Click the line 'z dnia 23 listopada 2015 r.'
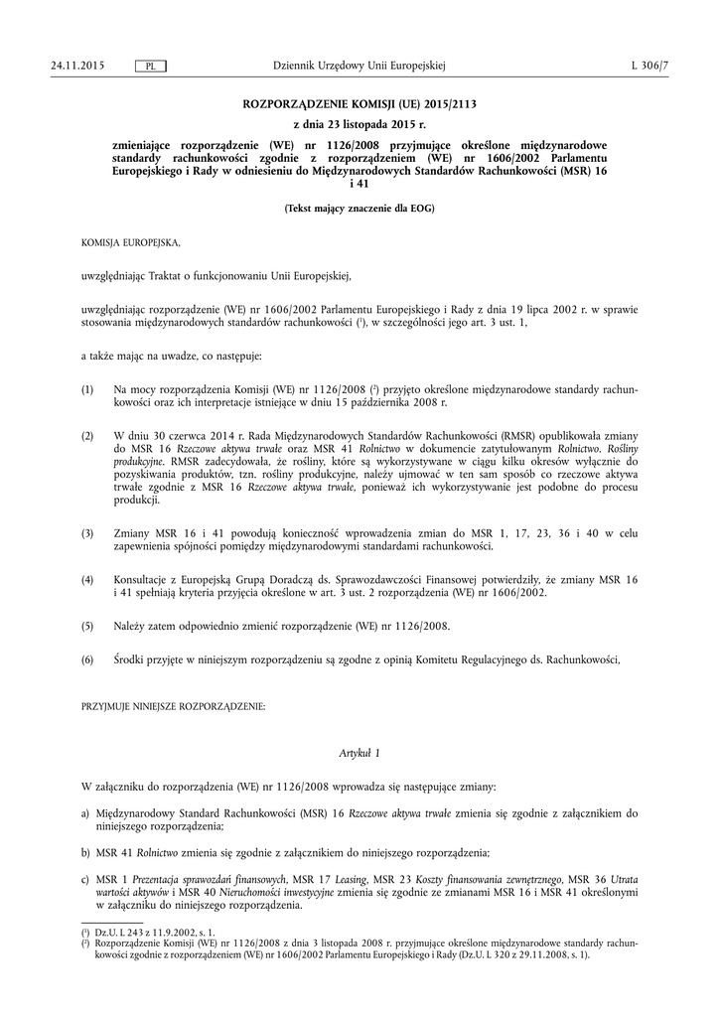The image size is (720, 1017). [359, 124]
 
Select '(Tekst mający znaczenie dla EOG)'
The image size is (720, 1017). [359, 209]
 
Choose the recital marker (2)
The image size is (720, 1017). [87, 436]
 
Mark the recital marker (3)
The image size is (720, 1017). [87, 533]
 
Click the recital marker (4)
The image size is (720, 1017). [87, 578]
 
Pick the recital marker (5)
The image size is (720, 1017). [87, 627]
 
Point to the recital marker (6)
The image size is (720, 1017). [87, 659]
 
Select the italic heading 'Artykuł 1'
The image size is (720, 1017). [359, 754]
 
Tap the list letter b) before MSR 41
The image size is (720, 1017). [86, 852]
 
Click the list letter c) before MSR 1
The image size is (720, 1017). [86, 880]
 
